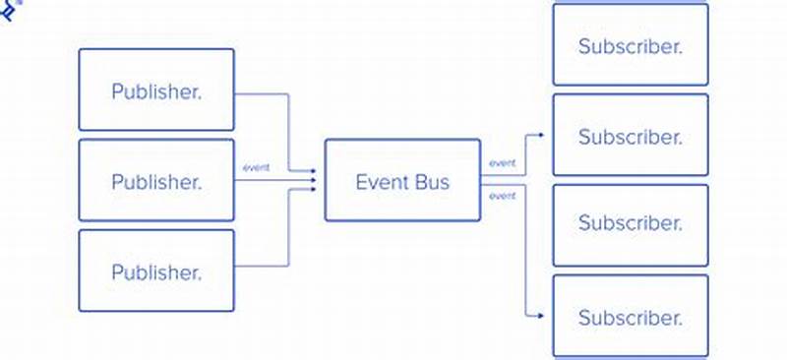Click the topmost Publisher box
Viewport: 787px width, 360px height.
click(156, 90)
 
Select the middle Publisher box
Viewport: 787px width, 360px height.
click(156, 180)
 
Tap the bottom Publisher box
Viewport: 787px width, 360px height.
click(156, 270)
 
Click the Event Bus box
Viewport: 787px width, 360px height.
click(402, 180)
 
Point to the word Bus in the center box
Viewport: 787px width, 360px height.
click(432, 182)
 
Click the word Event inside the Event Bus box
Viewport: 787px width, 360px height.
click(381, 182)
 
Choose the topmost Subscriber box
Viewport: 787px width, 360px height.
click(630, 45)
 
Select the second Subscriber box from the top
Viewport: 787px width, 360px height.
click(630, 136)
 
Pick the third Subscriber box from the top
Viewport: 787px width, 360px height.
click(630, 224)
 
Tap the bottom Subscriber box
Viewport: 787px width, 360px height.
click(630, 316)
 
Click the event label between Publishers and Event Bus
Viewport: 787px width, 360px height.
click(256, 167)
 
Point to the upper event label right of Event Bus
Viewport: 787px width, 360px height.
click(502, 163)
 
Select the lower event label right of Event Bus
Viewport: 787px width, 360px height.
click(502, 196)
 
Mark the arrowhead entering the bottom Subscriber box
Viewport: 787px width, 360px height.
click(542, 316)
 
